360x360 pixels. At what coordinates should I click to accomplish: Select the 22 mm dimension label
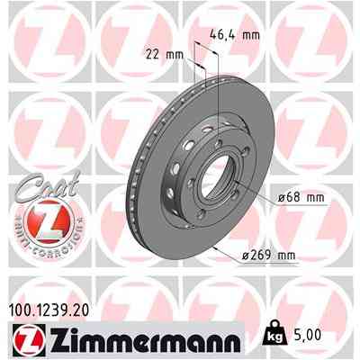(167, 53)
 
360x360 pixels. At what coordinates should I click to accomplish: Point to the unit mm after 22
(175, 53)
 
